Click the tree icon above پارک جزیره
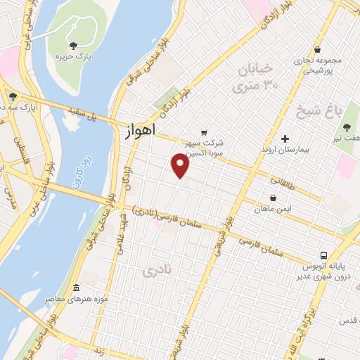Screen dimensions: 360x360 point(74,45)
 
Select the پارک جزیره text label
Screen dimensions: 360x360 point(75,56)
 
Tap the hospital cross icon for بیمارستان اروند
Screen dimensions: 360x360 point(285,138)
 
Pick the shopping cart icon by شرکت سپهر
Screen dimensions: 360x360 point(204,132)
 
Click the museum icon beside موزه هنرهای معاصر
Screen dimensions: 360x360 point(76,288)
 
